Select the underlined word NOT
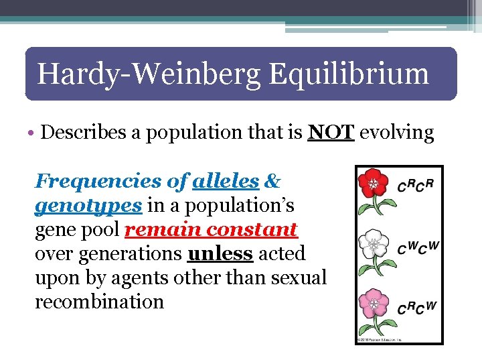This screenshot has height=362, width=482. click(331, 132)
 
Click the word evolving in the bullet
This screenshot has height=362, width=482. click(397, 133)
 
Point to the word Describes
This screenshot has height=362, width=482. click(85, 132)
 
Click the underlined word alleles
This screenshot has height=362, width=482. click(226, 181)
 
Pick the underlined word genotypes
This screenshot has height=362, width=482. click(88, 205)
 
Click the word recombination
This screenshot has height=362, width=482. click(99, 302)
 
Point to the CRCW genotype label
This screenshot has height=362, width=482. click(416, 308)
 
